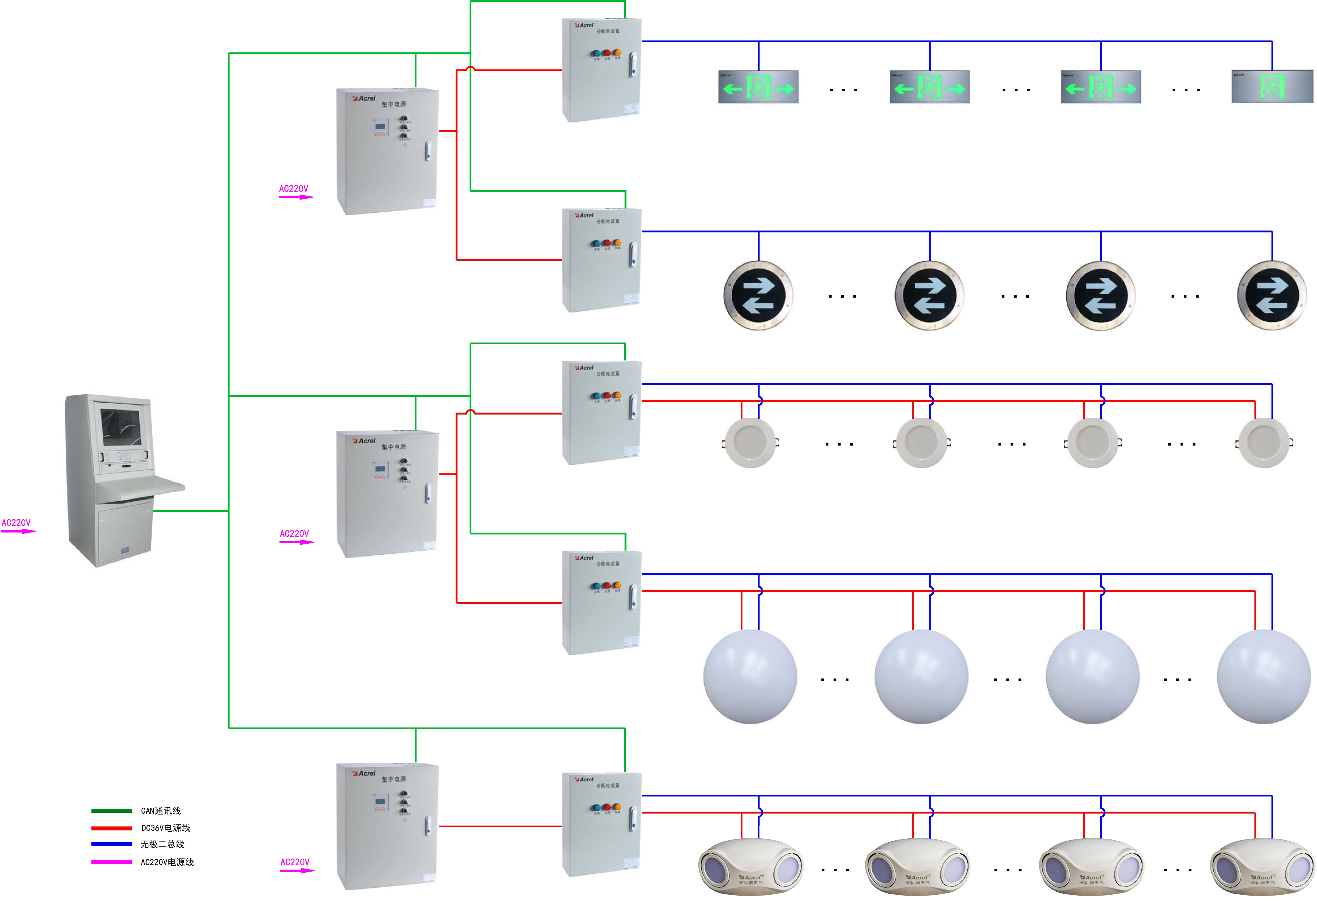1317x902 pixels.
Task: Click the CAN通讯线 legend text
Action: click(x=161, y=811)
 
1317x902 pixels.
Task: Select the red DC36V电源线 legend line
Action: click(x=112, y=828)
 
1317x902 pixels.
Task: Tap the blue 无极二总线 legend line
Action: click(x=112, y=844)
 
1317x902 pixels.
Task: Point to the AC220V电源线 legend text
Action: click(x=167, y=862)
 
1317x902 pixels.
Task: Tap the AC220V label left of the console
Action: click(x=16, y=523)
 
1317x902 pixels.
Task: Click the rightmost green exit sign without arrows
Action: click(x=1272, y=87)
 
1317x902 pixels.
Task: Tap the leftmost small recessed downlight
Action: click(x=751, y=443)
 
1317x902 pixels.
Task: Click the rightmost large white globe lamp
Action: click(x=1264, y=677)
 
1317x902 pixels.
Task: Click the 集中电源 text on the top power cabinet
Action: click(x=393, y=104)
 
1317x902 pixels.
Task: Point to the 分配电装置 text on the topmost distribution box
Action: click(x=608, y=31)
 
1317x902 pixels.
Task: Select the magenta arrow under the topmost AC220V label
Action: click(x=296, y=197)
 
